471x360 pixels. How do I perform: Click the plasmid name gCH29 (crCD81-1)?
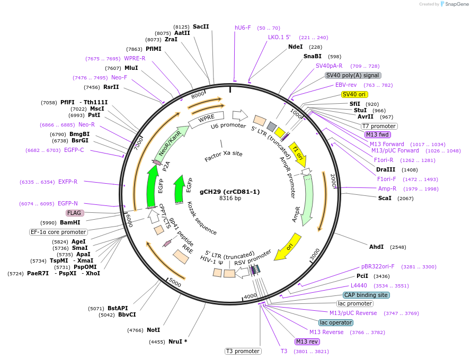point(230,192)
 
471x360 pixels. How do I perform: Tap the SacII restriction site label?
point(201,26)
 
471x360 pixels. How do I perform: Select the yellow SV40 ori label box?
point(354,94)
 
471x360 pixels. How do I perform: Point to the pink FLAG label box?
point(74,213)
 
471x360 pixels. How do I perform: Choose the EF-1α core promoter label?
point(58,232)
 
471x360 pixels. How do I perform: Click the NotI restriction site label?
point(154,330)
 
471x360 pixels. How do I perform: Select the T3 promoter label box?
point(243,351)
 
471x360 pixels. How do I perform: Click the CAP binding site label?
point(366,295)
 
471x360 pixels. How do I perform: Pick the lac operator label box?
point(336,322)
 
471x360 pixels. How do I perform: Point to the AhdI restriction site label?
point(376,247)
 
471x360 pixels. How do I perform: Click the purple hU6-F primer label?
point(243,28)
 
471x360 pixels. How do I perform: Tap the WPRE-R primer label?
point(135,58)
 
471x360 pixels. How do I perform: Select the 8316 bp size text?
point(230,199)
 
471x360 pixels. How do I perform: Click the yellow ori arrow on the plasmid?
point(288,246)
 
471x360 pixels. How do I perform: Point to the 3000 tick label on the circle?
point(315,254)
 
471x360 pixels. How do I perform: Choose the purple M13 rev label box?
point(307,341)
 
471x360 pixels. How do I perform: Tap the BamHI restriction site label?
point(69,222)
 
